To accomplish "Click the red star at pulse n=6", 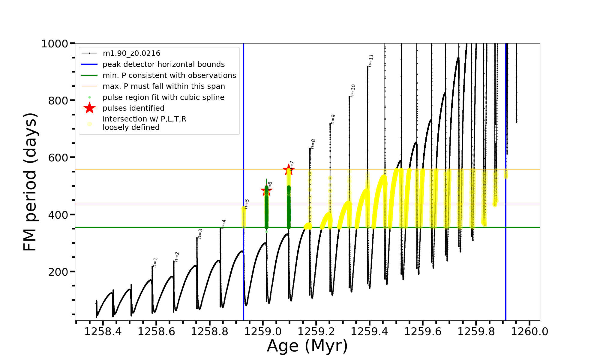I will point(266,190).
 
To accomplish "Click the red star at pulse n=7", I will point(289,169).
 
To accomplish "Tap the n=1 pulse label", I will point(155,262).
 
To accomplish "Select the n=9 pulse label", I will point(332,119).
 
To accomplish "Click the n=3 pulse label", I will point(200,234).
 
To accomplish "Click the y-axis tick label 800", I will point(58,100).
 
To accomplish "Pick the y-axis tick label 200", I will point(58,272).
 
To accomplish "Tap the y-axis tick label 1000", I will point(55,44).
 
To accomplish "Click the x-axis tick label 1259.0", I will point(263,332).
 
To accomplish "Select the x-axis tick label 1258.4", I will point(103,332).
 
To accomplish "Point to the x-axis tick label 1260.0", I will point(529,332).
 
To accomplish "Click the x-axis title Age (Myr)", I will point(307,346).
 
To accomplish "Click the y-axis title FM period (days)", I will point(30,182).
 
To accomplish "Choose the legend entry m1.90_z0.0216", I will point(131,53).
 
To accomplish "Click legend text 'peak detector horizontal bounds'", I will point(163,64).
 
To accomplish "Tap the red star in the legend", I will point(89,108).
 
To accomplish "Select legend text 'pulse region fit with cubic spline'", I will point(163,97).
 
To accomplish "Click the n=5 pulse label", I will point(247,204).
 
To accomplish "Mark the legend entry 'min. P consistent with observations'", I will point(169,75).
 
